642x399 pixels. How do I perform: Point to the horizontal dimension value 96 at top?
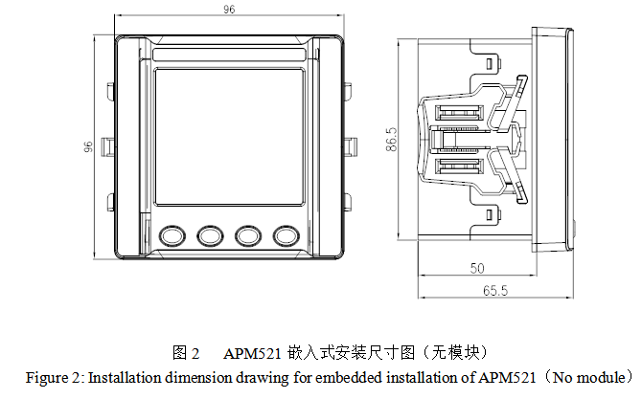(x=228, y=11)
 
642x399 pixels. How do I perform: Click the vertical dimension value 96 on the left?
(x=88, y=147)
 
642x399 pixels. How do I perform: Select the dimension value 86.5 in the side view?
(x=391, y=140)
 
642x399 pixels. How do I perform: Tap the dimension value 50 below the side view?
(x=476, y=269)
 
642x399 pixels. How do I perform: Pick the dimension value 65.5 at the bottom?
(x=495, y=290)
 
